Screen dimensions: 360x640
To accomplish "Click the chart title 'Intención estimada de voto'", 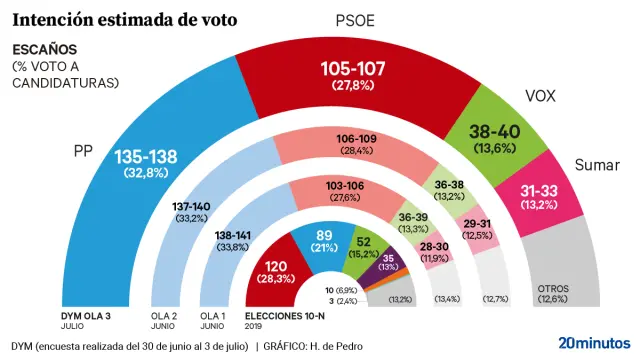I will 125,18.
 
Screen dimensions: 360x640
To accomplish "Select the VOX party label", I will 541,97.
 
